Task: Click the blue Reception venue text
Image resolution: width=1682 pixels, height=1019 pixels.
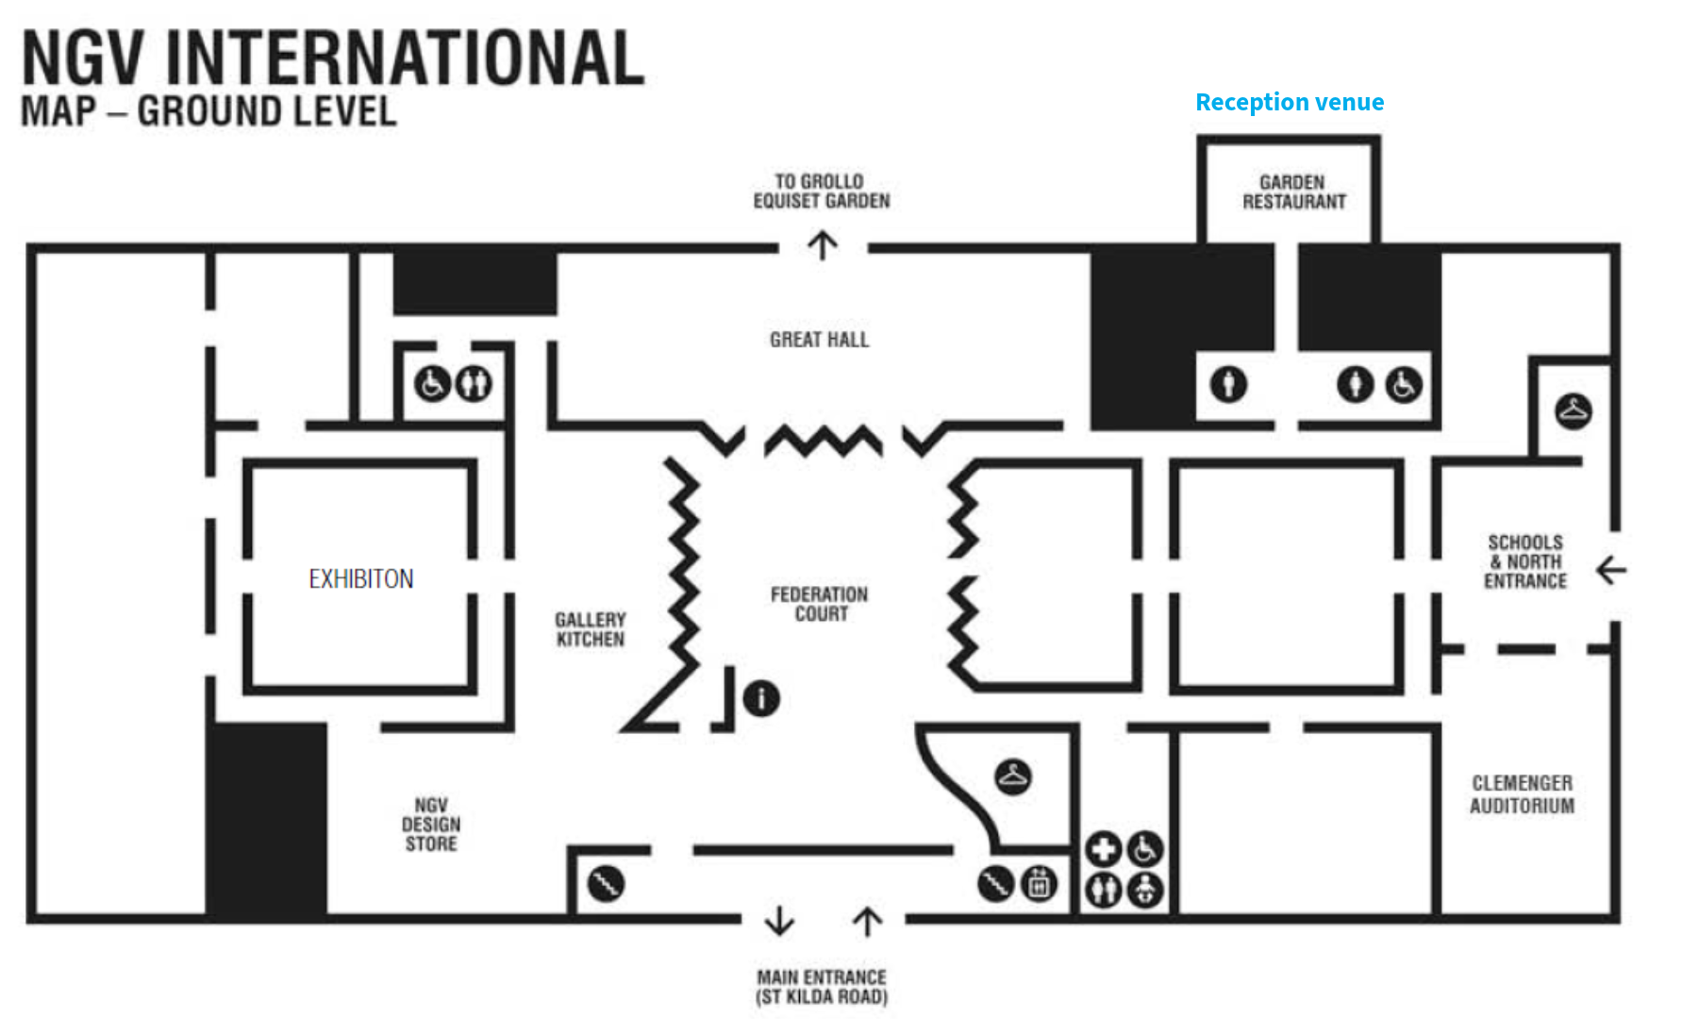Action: point(1289,102)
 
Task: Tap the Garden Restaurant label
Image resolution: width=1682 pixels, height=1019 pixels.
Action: point(1293,192)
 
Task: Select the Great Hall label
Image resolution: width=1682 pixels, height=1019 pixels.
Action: point(819,340)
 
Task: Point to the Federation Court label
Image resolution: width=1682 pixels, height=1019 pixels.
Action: point(819,604)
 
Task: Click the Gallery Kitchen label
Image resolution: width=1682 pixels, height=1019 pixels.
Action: point(590,629)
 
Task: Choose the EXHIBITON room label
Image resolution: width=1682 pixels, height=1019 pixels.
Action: point(361,578)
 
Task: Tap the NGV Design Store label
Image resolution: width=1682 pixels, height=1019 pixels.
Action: point(431,825)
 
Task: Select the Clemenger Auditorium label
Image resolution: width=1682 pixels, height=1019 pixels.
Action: point(1522,794)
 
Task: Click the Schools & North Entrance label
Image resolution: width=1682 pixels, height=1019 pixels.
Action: point(1524,561)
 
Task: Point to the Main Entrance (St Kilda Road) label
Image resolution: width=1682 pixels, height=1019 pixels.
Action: point(822,987)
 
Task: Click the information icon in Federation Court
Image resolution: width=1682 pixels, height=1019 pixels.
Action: point(761,698)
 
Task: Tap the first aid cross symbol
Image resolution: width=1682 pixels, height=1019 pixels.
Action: point(1103,849)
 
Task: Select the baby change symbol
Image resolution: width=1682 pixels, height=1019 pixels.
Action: point(1145,890)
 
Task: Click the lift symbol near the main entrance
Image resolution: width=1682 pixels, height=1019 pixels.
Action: point(1039,884)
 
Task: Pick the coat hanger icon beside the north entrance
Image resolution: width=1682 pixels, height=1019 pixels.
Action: point(1573,411)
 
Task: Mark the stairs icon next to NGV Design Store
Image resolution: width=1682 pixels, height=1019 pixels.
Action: point(606,884)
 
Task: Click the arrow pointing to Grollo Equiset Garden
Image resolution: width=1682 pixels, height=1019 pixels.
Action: point(823,246)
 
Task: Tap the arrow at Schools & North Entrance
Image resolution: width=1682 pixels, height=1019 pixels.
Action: point(1611,570)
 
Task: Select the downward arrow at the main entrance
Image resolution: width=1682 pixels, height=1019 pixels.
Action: point(779,921)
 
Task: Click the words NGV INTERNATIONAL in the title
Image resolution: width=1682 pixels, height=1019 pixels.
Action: point(332,58)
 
